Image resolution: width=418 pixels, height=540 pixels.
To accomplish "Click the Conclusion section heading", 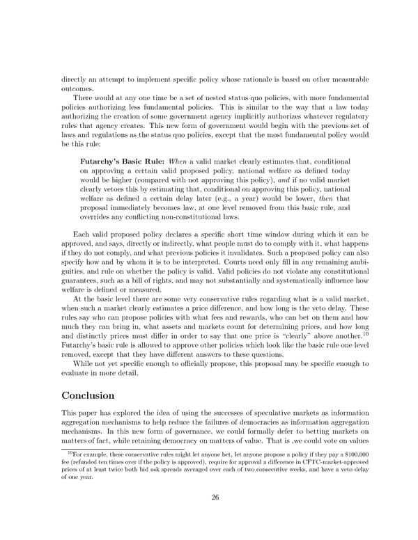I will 88,395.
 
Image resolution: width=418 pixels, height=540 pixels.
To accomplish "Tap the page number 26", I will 209,497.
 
